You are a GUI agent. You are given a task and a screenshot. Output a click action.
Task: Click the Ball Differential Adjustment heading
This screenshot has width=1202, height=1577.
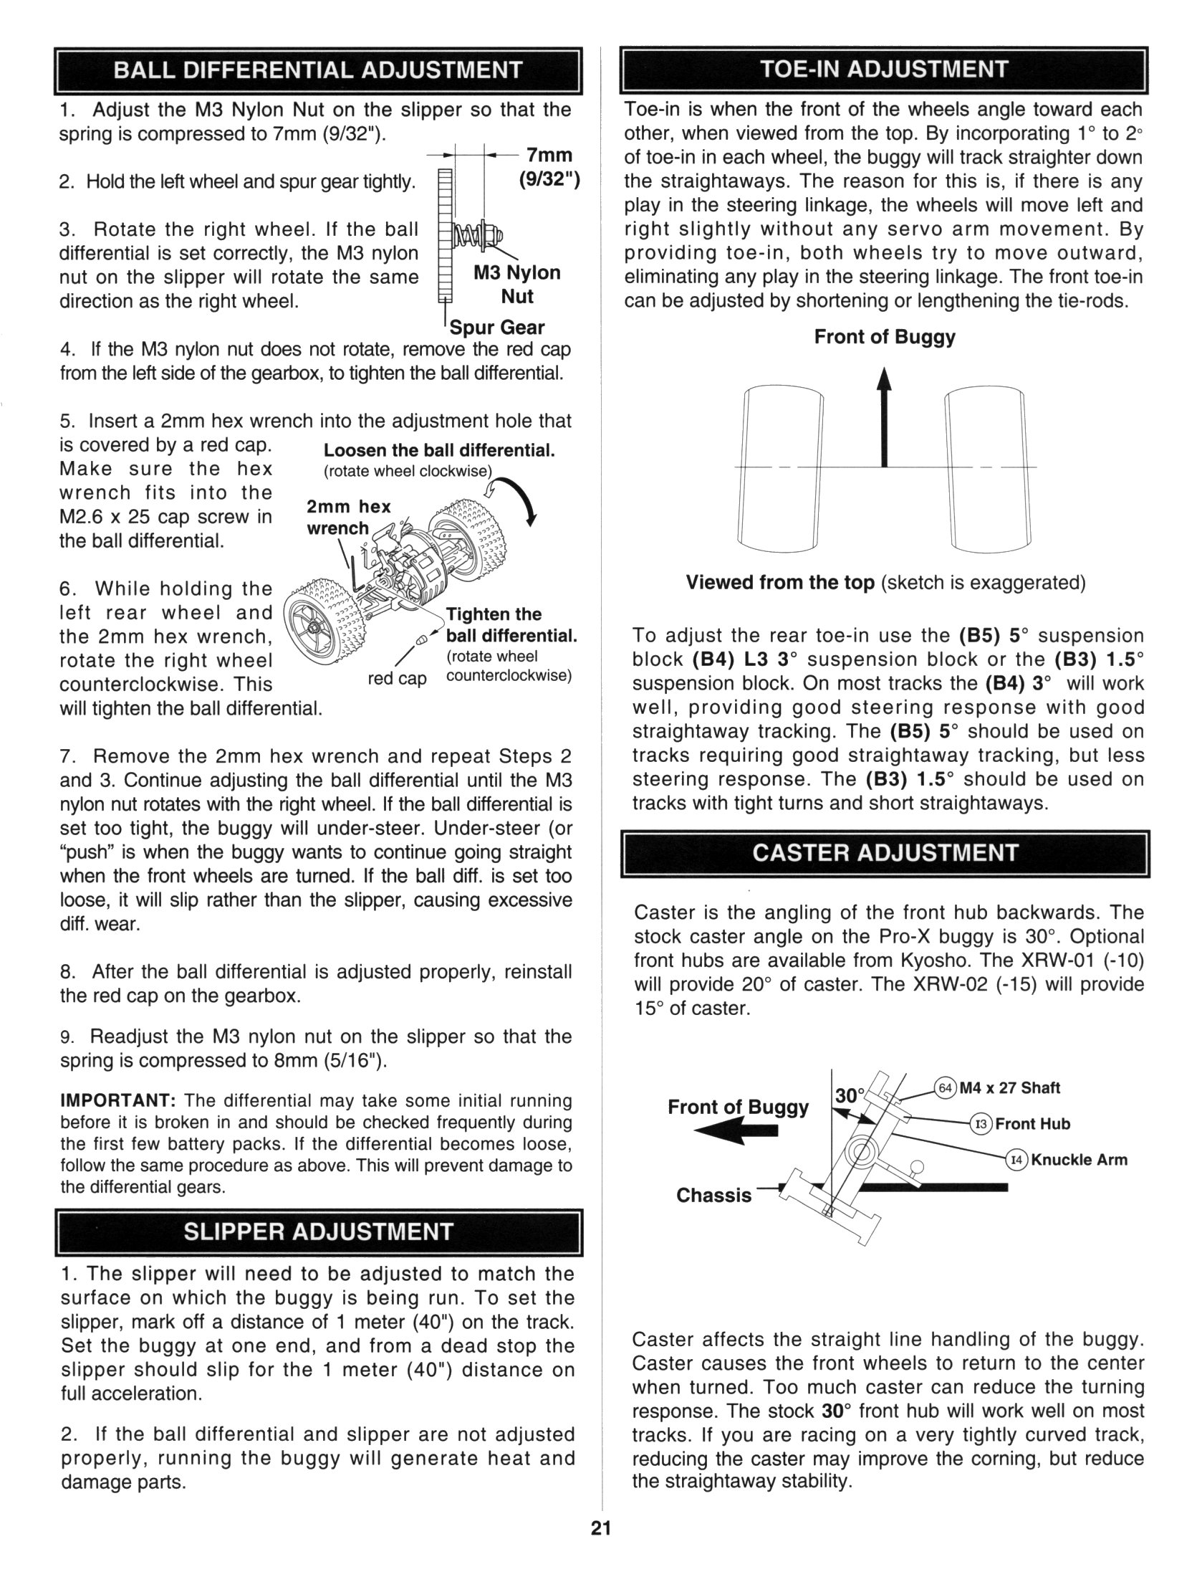pos(318,70)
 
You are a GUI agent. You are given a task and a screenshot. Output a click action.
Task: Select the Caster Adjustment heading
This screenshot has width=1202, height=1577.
pos(885,853)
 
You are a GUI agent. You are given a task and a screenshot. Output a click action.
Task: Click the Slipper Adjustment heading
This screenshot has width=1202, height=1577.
pos(318,1231)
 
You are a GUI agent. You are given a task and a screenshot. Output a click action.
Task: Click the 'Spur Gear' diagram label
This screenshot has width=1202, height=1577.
pos(497,328)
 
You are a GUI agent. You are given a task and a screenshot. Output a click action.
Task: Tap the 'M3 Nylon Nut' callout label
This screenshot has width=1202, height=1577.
pos(517,285)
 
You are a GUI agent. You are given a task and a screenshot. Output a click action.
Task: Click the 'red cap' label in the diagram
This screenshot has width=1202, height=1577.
pos(397,678)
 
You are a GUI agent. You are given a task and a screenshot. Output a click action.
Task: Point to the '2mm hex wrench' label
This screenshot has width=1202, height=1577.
pos(348,518)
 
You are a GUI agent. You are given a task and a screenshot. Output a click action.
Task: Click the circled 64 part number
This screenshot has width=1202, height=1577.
pos(946,1088)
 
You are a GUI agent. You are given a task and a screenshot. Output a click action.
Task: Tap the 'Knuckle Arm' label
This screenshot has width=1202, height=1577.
pos(1079,1160)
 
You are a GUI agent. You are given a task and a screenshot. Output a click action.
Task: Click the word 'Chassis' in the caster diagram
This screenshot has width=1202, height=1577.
pos(713,1195)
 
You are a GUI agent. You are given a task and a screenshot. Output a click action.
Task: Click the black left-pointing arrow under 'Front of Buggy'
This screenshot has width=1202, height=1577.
pos(735,1130)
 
